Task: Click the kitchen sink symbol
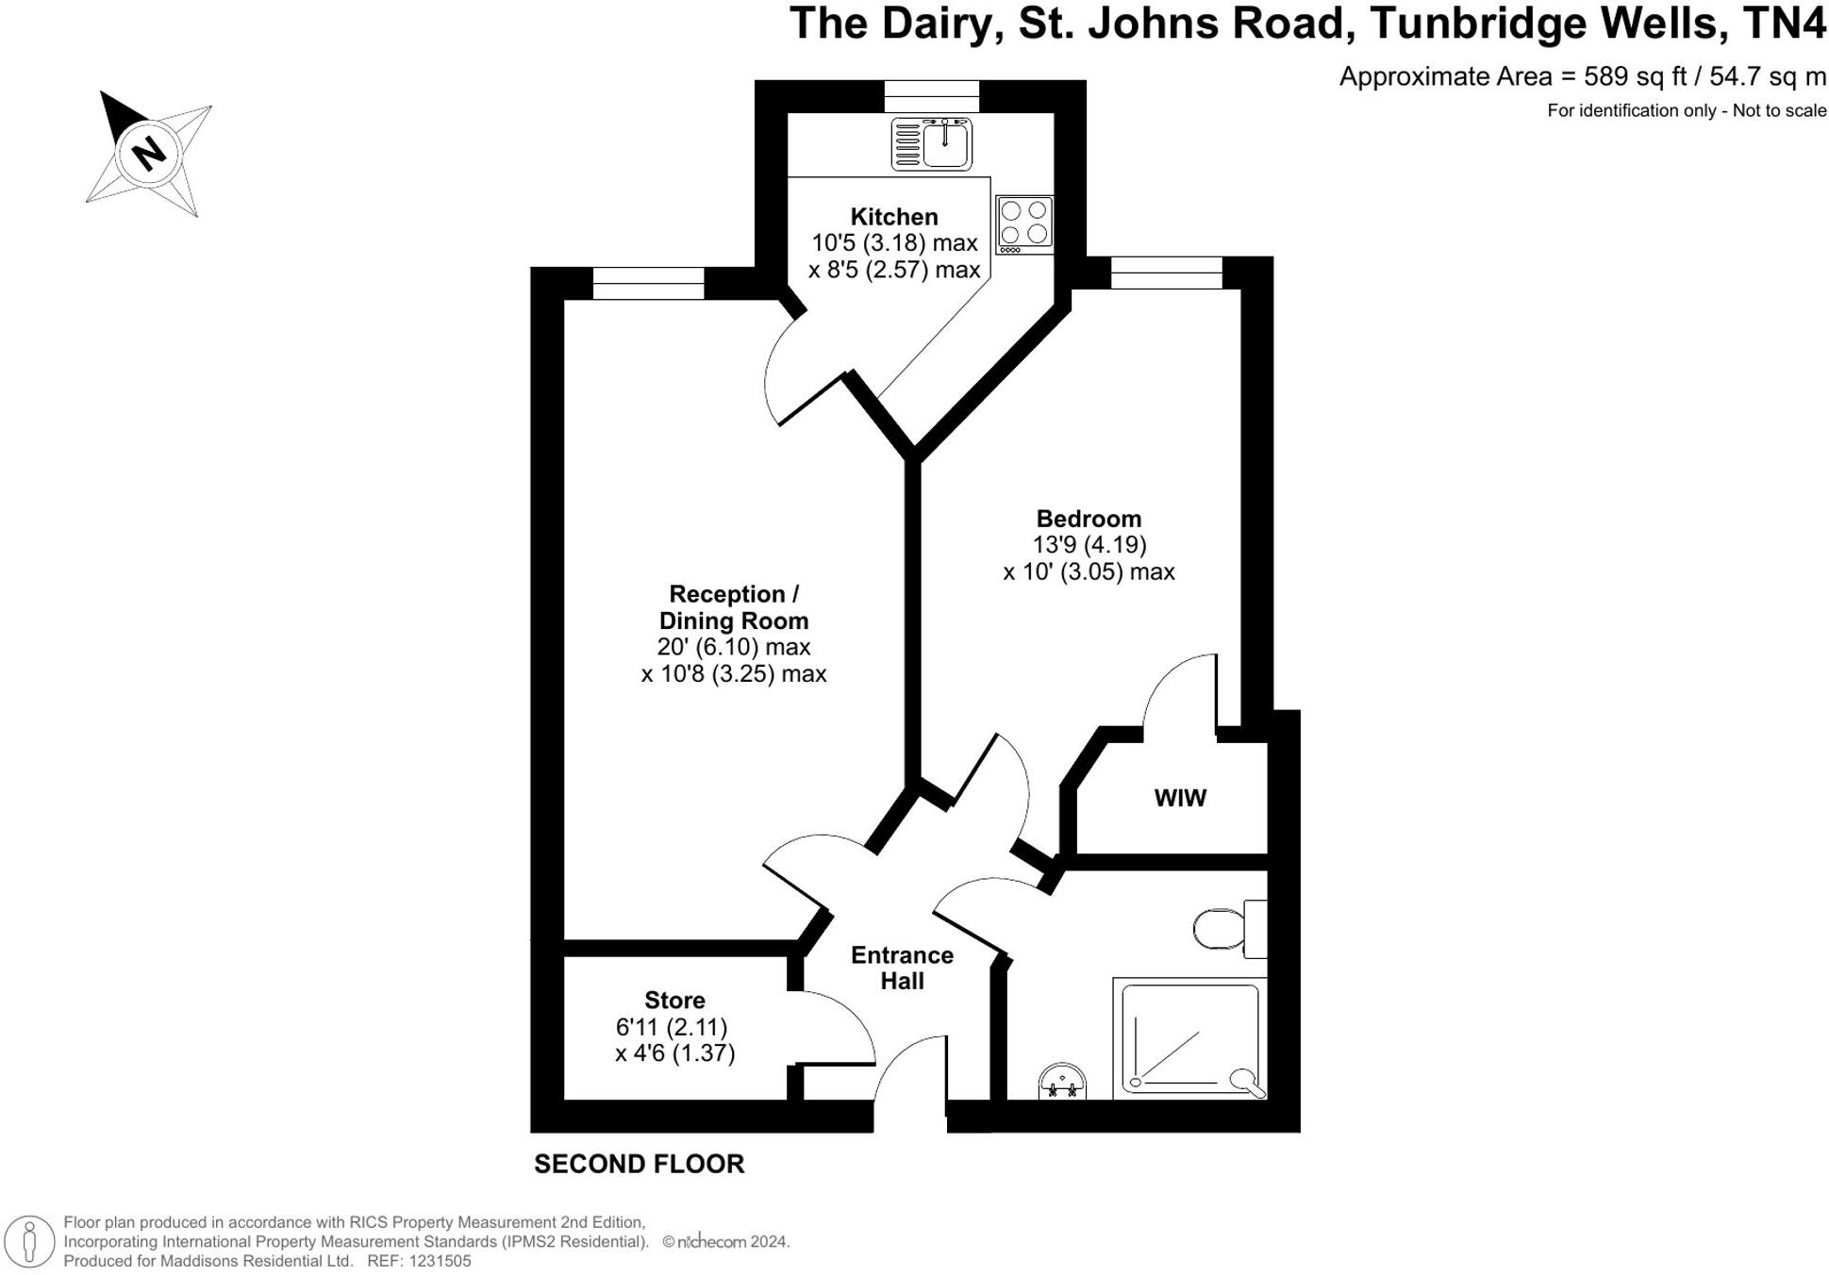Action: pos(931,144)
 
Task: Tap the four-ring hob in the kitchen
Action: pos(1024,224)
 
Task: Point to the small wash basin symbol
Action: pos(1062,1083)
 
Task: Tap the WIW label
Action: pos(1179,798)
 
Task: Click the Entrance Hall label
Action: pos(902,968)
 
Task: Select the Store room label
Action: pos(674,1000)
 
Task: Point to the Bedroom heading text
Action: pos(1089,519)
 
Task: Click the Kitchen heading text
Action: pos(893,217)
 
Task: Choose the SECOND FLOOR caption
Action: pos(639,1164)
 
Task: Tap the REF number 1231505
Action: pos(439,1261)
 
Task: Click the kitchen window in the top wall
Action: pos(931,95)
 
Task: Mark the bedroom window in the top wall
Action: pos(1166,273)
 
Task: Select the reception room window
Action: pos(648,283)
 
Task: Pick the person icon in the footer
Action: pos(29,1241)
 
